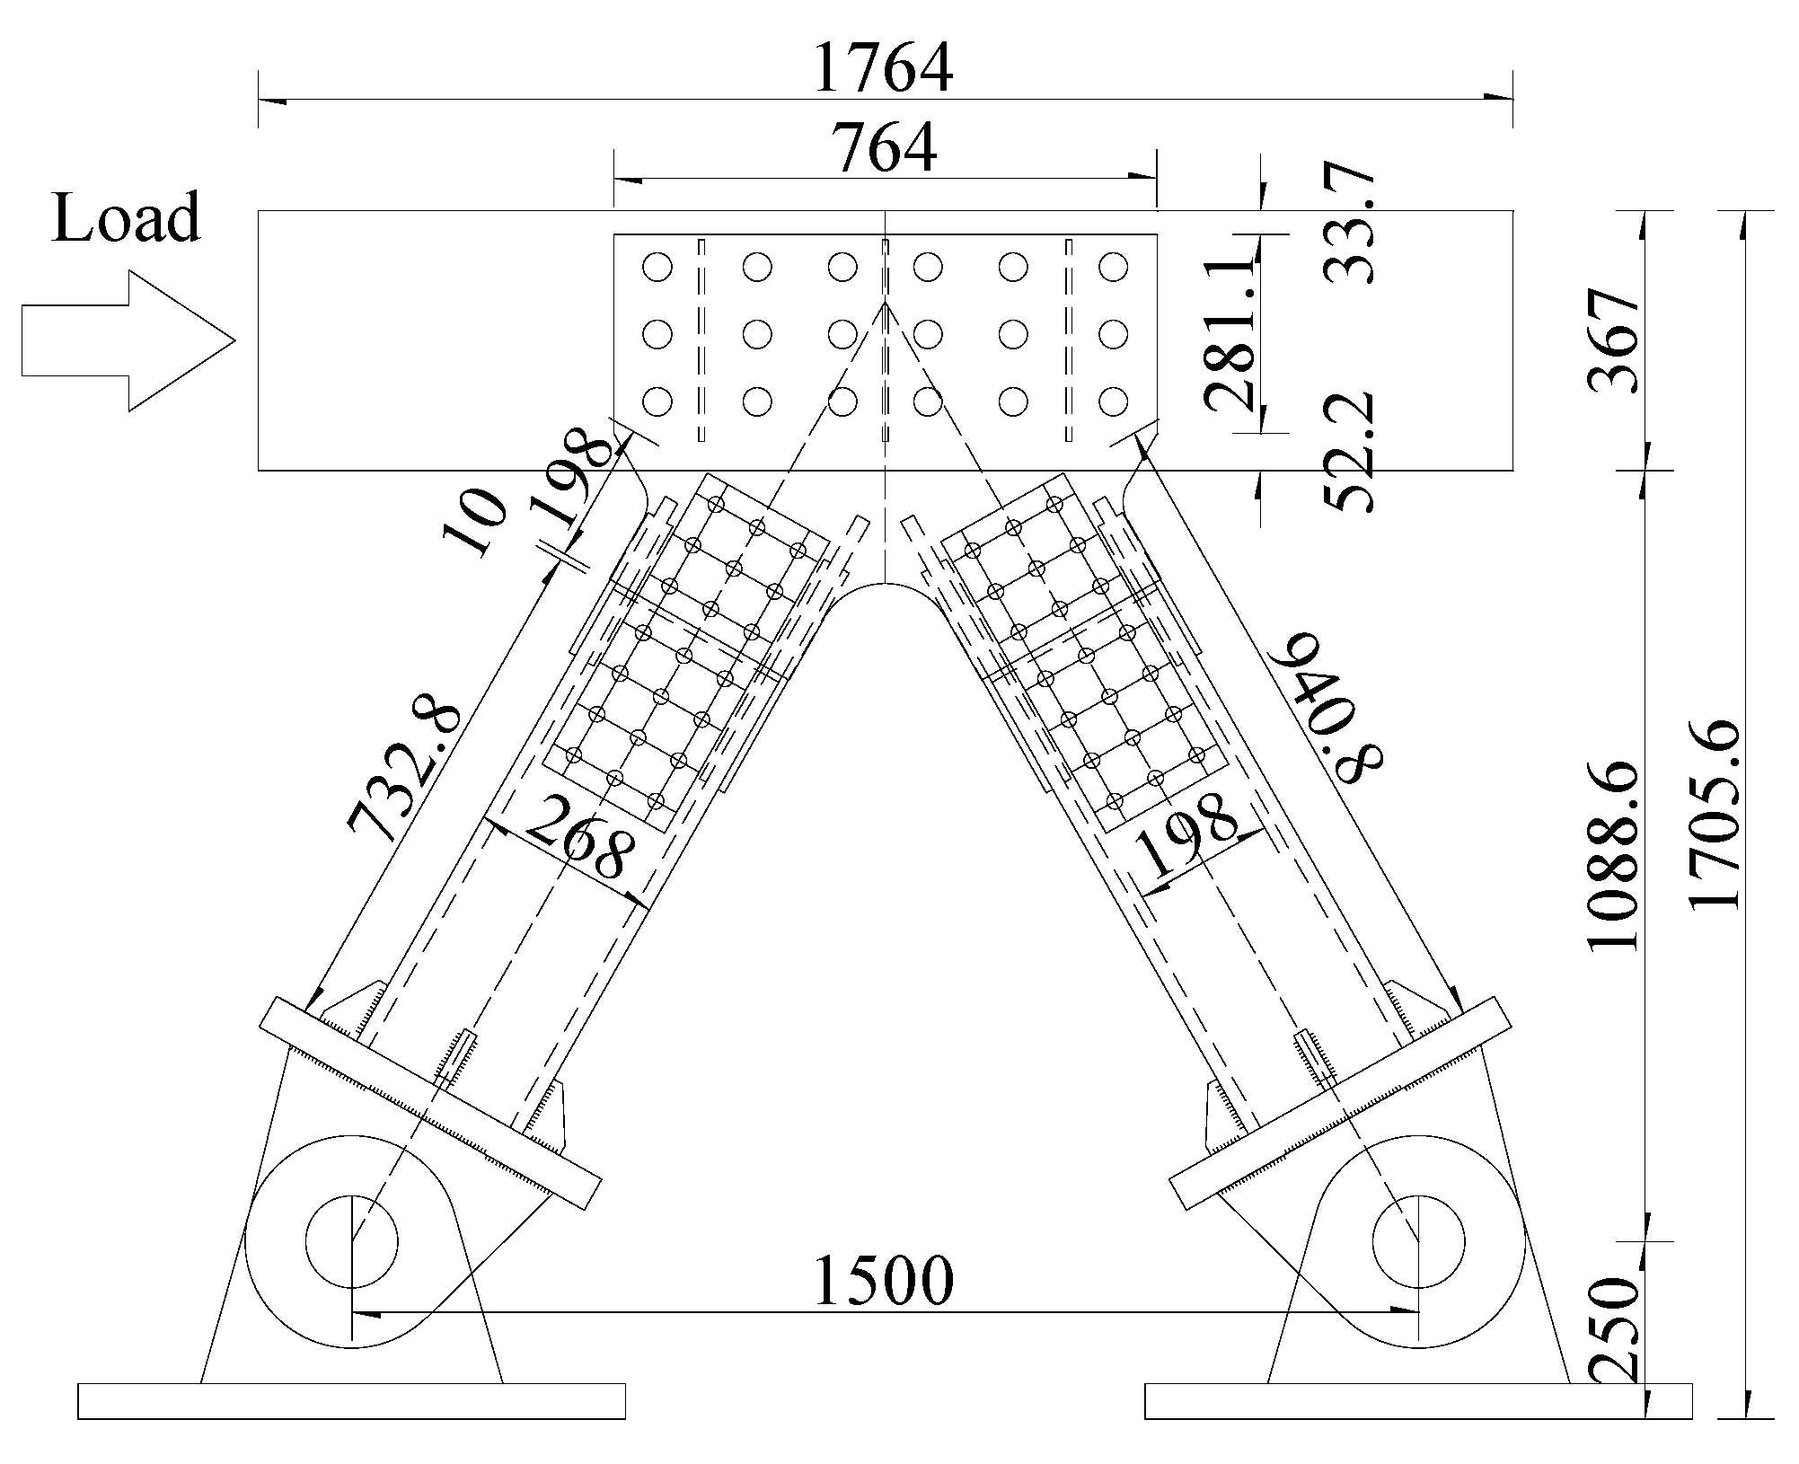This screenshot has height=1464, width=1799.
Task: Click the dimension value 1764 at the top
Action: (883, 68)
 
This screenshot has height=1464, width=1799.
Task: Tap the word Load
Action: (125, 218)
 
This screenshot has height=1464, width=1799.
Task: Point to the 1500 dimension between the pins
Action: (883, 1280)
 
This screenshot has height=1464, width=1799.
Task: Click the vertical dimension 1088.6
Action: (1615, 858)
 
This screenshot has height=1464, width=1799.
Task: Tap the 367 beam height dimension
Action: (1615, 340)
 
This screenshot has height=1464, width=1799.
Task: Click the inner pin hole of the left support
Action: (351, 1240)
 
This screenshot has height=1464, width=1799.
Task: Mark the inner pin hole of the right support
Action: (1418, 1240)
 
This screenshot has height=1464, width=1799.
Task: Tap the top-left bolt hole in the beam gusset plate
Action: (657, 267)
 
